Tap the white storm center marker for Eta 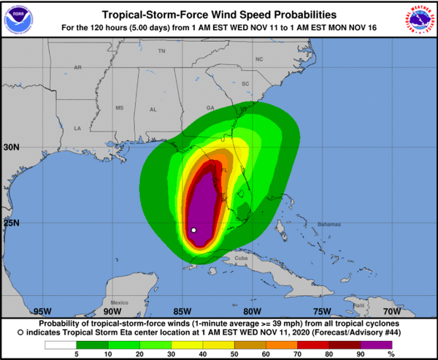(x=193, y=230)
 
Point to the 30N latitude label (x=12, y=147)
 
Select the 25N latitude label (x=12, y=223)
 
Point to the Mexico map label (x=119, y=302)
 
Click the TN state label (x=162, y=51)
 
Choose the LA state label (x=77, y=128)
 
